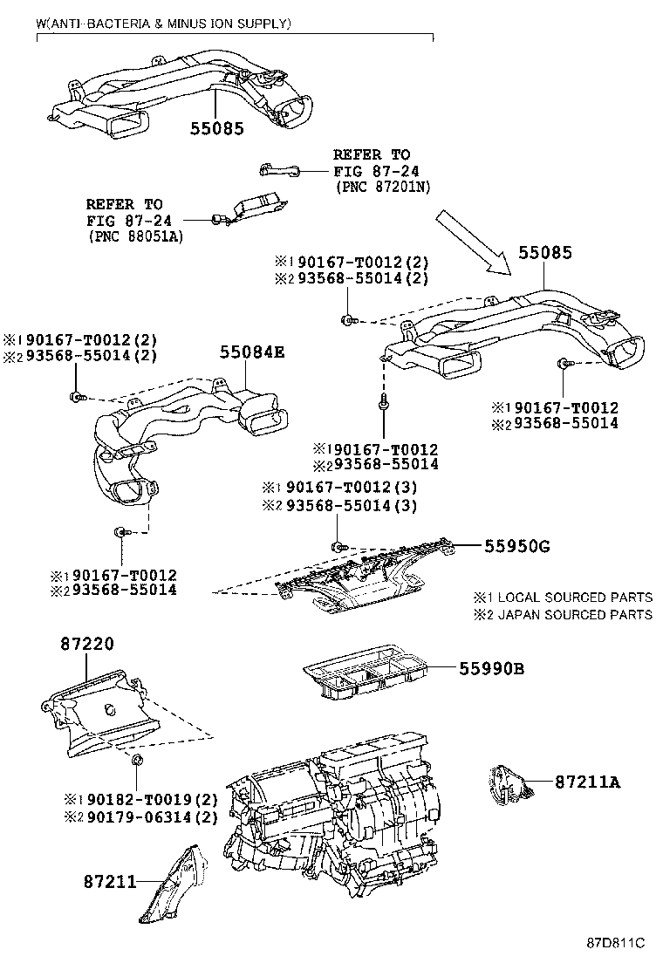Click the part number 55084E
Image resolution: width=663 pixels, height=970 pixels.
pyautogui.click(x=252, y=352)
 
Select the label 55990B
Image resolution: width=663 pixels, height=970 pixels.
pyautogui.click(x=492, y=669)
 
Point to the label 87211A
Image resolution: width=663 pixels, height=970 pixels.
pyautogui.click(x=587, y=782)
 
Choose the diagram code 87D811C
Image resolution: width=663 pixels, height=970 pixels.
pyautogui.click(x=614, y=943)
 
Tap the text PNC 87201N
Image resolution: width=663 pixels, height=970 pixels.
pyautogui.click(x=383, y=188)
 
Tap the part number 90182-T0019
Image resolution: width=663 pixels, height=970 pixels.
pyautogui.click(x=131, y=799)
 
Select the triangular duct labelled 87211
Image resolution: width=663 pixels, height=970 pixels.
pyautogui.click(x=174, y=881)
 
